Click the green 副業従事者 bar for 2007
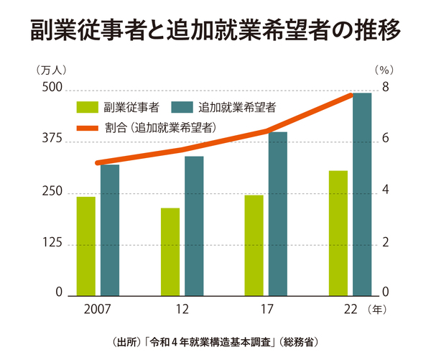(x=86, y=246)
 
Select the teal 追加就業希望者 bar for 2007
(x=110, y=230)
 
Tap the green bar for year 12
(x=170, y=251)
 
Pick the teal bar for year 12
(x=194, y=226)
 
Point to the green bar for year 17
(x=254, y=245)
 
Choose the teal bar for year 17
(x=278, y=213)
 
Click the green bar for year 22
(x=338, y=233)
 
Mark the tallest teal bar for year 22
(x=362, y=194)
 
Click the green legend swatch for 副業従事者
(x=87, y=108)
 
